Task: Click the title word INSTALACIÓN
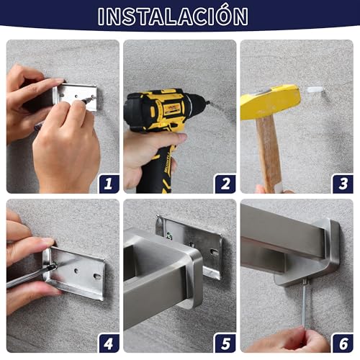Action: tap(173, 16)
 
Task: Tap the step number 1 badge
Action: tap(109, 184)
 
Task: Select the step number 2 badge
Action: tap(225, 184)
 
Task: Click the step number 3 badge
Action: tap(343, 184)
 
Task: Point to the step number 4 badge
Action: tap(109, 343)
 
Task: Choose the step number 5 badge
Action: tap(225, 343)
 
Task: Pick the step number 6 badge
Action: tap(343, 343)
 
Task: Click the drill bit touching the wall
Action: tap(207, 103)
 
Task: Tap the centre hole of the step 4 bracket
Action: tap(76, 271)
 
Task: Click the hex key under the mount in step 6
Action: tap(305, 305)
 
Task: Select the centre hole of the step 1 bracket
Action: tap(76, 96)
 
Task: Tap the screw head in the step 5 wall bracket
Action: tap(169, 236)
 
